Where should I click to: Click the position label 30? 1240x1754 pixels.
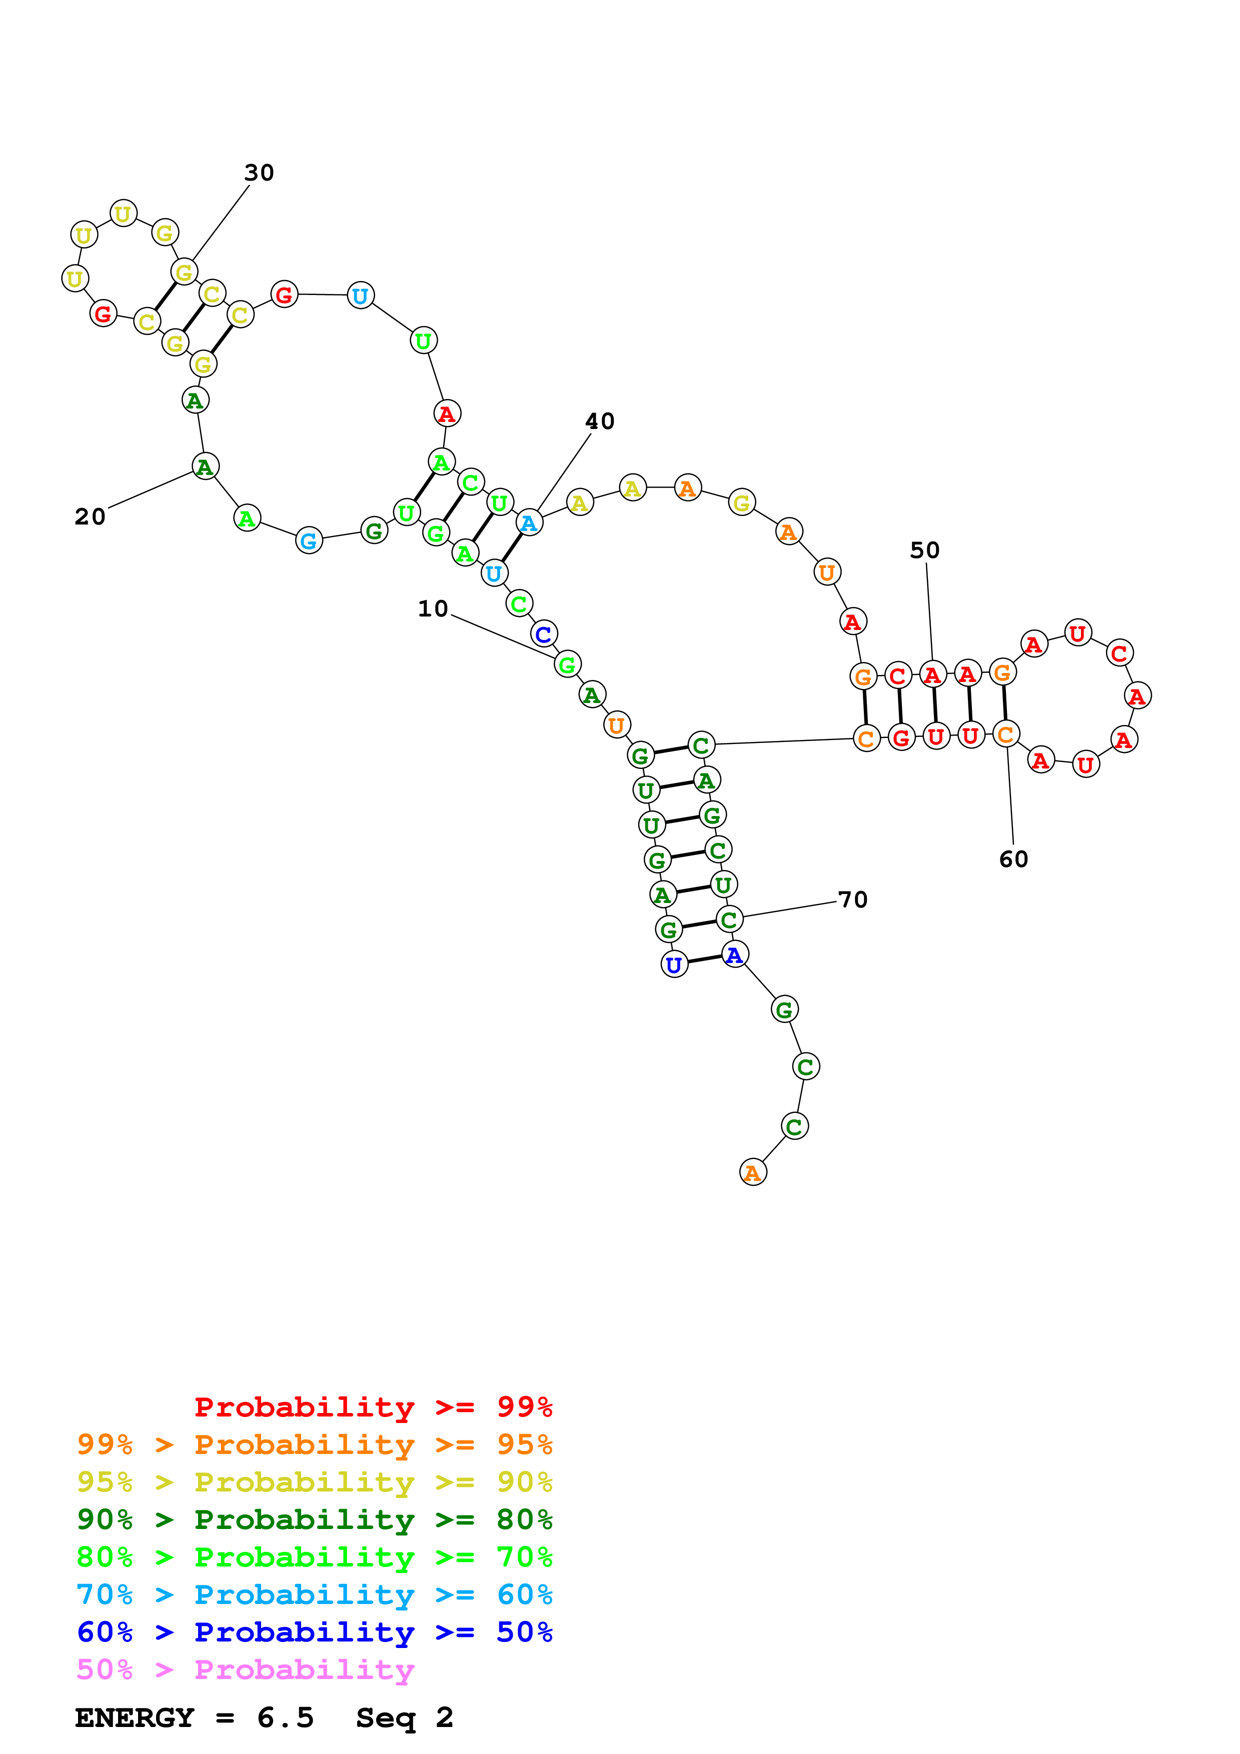259,172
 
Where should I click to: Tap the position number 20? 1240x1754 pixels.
90,517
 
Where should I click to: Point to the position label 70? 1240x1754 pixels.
853,900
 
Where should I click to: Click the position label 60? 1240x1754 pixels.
1014,859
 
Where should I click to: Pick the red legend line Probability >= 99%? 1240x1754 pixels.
373,1406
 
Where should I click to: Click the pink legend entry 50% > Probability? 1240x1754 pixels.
245,1670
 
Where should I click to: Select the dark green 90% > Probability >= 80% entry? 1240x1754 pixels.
314,1519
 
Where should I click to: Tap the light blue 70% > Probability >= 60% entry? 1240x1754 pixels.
314,1594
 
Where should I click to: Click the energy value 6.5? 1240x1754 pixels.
285,1718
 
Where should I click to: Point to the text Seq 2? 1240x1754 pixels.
404,1718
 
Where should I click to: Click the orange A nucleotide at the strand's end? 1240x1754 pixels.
753,1172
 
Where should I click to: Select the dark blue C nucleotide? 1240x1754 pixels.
543,634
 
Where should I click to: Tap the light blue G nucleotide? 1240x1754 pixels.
309,541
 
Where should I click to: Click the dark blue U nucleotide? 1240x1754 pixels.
674,965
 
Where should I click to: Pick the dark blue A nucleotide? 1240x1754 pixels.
734,955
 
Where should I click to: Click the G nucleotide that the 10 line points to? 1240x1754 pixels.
567,664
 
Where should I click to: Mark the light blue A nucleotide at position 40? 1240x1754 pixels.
529,523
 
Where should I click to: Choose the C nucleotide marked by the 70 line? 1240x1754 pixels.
729,920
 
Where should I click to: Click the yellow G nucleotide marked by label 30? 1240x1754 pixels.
184,272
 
